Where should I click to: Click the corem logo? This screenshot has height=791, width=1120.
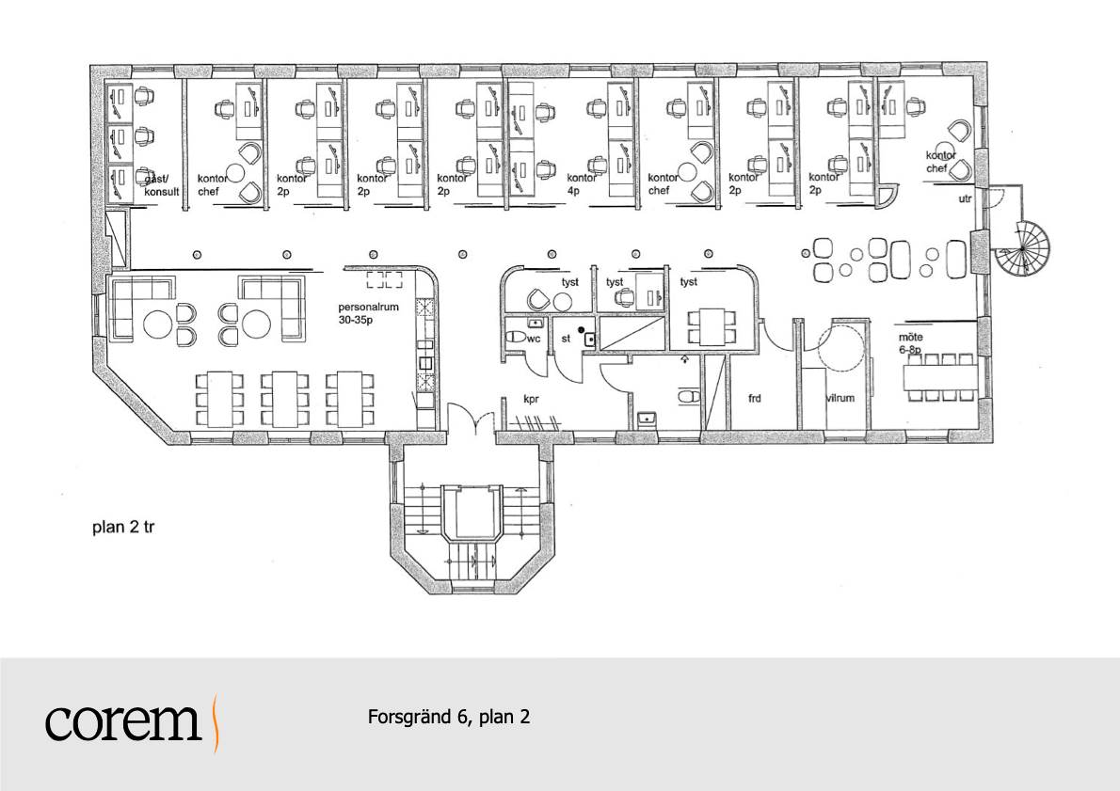[x=133, y=721]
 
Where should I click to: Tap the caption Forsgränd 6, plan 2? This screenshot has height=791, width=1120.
[x=449, y=716]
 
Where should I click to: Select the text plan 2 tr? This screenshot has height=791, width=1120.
[x=123, y=528]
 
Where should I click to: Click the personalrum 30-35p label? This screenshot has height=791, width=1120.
[x=368, y=313]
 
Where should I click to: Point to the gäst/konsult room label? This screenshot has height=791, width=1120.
[x=162, y=185]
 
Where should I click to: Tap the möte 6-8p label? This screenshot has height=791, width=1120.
[x=911, y=342]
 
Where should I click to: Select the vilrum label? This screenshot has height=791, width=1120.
[x=840, y=398]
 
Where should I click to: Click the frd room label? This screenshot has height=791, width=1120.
[x=754, y=399]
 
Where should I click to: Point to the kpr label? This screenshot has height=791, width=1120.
[x=531, y=400]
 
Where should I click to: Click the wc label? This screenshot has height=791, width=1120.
[x=534, y=339]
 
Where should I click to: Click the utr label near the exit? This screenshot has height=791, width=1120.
[x=965, y=199]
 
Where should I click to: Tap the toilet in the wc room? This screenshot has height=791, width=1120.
[x=515, y=337]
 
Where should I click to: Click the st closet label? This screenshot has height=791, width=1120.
[x=566, y=339]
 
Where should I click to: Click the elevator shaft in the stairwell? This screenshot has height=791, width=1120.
[x=470, y=513]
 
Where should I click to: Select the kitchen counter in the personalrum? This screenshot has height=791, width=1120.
[x=425, y=350]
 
